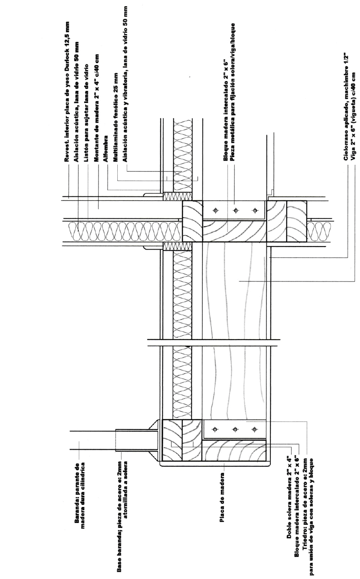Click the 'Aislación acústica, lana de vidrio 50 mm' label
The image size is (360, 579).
(x=77, y=79)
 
